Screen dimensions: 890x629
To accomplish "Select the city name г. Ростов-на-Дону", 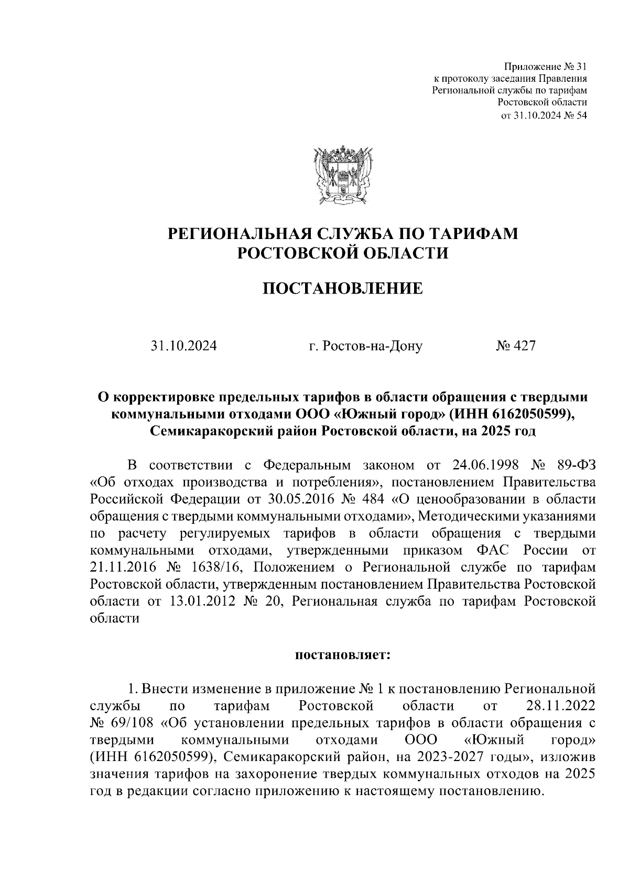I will tap(365, 346).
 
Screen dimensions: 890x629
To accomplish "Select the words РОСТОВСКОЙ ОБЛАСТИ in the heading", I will tap(343, 253).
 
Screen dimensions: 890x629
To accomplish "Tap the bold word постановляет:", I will tap(342, 655).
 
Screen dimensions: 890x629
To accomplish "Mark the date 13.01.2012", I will tap(202, 601).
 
